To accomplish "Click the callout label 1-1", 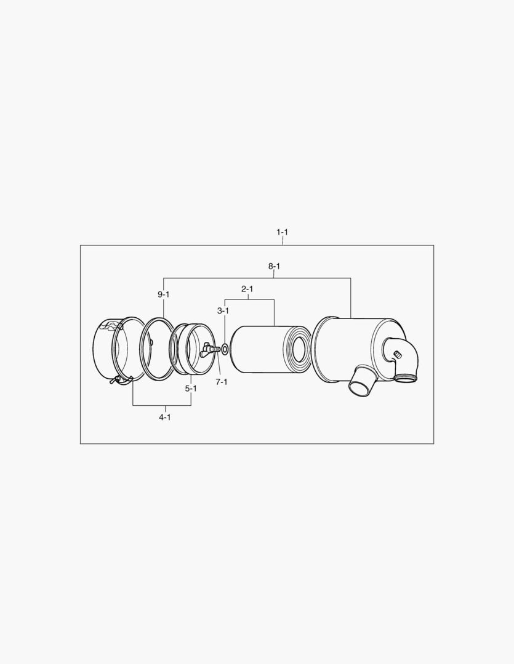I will [282, 232].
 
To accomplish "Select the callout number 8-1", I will [274, 266].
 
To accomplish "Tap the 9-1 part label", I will [163, 294].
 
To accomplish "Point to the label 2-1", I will [247, 288].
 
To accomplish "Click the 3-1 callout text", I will [223, 311].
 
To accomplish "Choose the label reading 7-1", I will [222, 382].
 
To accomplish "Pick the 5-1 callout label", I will [191, 389].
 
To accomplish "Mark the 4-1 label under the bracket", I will [164, 417].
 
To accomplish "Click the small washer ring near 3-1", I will [225, 350].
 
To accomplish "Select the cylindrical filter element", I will [259, 349].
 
